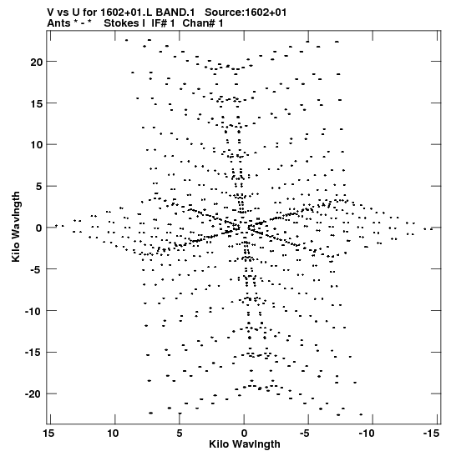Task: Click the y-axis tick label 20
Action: [37, 62]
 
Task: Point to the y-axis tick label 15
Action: [37, 103]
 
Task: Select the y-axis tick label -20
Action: [33, 394]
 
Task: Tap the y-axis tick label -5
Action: [37, 269]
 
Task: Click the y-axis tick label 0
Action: [39, 228]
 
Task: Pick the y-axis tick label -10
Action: [33, 312]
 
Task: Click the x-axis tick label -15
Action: [431, 433]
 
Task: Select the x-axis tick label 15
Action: [48, 433]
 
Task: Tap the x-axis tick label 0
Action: [244, 433]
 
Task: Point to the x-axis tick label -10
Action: [367, 433]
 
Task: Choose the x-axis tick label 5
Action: [180, 433]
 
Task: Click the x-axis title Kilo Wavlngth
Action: [245, 444]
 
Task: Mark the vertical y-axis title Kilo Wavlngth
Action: [16, 227]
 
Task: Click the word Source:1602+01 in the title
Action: [246, 13]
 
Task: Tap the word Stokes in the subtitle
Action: [121, 23]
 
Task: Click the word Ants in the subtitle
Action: [58, 23]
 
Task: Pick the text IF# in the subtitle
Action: [159, 23]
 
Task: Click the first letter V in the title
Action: [50, 13]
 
